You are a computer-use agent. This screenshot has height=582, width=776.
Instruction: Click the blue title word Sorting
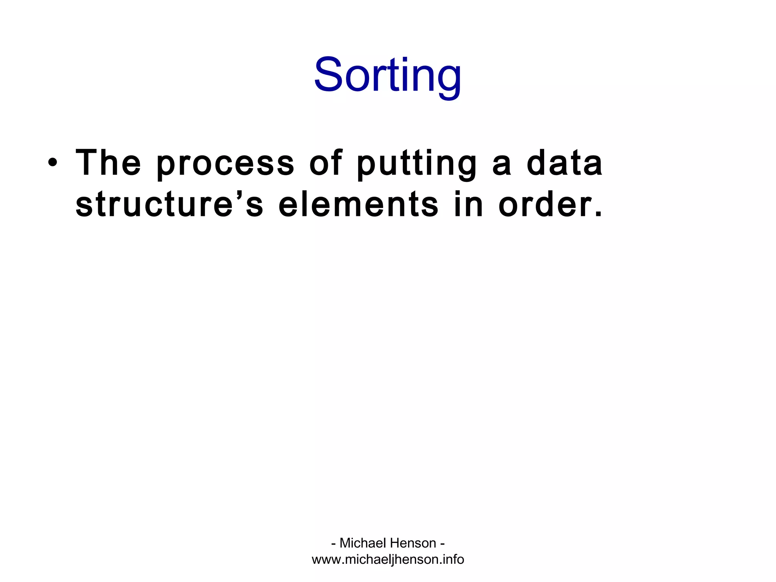coord(388,75)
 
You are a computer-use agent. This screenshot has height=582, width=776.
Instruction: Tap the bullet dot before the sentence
coord(53,163)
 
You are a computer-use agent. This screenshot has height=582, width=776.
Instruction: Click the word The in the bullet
coord(108,163)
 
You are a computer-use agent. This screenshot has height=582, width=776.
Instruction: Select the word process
coord(225,165)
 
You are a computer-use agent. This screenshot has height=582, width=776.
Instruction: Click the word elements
coord(358,205)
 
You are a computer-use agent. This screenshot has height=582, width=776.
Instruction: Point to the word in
coord(469,205)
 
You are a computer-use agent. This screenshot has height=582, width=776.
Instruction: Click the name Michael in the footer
coord(362,543)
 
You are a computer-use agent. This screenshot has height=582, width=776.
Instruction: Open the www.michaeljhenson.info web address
coord(388,559)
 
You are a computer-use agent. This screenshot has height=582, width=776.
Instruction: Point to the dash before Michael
coord(333,544)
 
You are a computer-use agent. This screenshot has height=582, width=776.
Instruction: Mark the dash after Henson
coord(442,544)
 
